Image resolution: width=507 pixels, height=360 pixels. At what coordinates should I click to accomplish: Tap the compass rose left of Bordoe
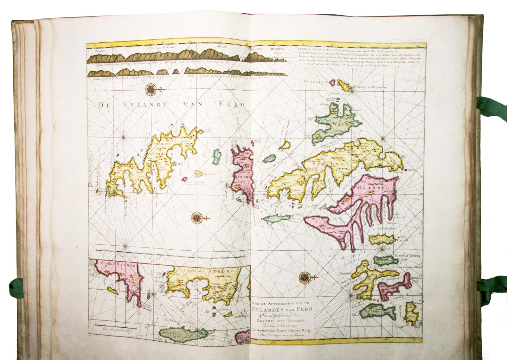[x=305, y=277]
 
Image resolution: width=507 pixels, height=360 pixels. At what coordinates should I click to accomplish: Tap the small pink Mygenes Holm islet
[x=334, y=82]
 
